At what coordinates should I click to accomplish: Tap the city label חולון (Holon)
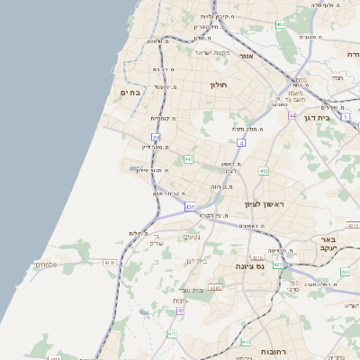pos(220,85)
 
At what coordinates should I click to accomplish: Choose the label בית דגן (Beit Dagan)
pos(338,116)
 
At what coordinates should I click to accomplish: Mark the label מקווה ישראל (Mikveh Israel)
pos(213,51)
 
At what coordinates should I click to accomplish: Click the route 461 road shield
pos(282,24)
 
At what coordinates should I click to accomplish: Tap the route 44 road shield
pos(292,115)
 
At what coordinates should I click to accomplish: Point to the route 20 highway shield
pos(156,138)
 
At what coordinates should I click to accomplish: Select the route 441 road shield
pos(189,159)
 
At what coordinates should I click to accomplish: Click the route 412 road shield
pos(264,171)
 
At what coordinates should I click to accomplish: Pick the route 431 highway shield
pos(190,207)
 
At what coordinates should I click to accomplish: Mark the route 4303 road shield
pos(215,288)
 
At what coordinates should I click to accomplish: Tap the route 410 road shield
pos(246,341)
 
